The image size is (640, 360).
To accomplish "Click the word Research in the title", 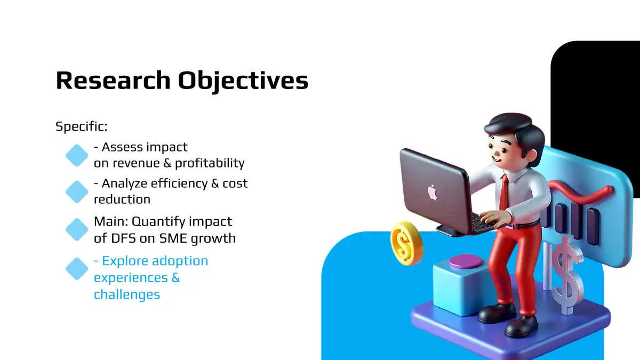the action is coord(113,81).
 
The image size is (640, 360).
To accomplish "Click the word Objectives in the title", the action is coord(243,82).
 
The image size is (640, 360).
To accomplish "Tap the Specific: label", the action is coord(82,126).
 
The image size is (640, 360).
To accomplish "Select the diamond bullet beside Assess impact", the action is coord(77,155).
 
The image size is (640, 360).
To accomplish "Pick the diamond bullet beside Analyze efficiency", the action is coord(77,191).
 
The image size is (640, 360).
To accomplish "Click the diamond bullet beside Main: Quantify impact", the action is coord(77,229).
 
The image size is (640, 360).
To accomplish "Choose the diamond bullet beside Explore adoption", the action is coord(77,269).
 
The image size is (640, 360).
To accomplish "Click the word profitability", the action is coord(210,163).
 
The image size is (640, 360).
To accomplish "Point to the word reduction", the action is coord(122,199).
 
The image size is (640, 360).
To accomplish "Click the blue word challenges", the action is coord(127,294).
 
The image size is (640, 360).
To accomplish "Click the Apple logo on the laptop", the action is coord(433,193).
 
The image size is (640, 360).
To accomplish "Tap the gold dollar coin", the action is coord(406,243).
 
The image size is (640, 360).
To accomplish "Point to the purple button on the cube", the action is coord(465,261).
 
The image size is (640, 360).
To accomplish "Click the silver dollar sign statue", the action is coord(567,275).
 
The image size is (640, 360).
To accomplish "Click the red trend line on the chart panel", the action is coord(580,194).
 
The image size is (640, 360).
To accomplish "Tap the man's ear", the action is coord(530,156).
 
